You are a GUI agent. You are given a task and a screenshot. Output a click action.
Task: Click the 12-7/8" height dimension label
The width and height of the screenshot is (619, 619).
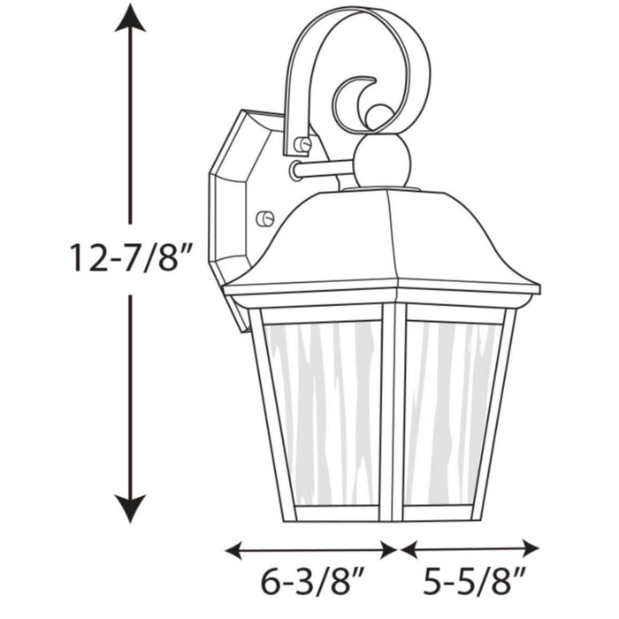click(x=130, y=259)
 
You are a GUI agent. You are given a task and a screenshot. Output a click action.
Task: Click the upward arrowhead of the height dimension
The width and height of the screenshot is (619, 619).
click(x=130, y=18)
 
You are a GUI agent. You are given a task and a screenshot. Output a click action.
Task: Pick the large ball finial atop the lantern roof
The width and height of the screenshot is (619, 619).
click(x=381, y=162)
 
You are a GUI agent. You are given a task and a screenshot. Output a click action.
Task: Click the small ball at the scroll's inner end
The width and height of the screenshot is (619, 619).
click(x=378, y=115)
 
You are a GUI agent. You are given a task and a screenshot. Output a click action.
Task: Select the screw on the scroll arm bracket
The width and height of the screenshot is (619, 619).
click(x=302, y=144)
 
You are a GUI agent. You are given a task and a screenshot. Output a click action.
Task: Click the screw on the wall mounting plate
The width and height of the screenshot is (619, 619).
click(x=264, y=218)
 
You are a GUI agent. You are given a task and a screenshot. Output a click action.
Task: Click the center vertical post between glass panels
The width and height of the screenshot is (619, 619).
click(x=392, y=411)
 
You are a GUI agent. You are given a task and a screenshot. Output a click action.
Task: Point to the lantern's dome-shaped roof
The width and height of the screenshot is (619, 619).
click(x=380, y=239)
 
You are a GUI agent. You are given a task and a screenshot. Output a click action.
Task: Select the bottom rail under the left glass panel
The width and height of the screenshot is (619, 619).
click(x=336, y=514)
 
